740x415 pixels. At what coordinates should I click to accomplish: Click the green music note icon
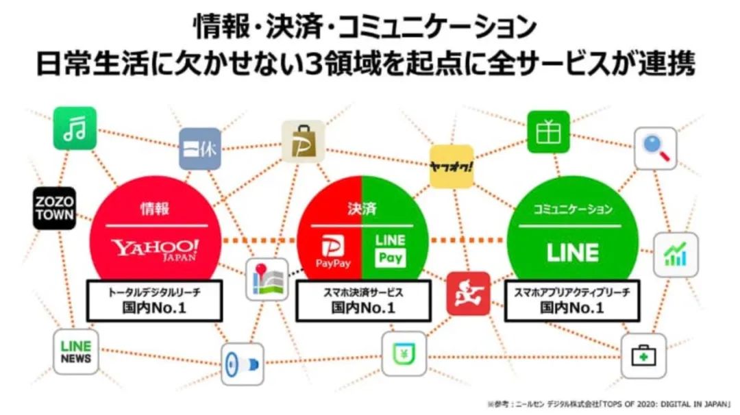click(x=75, y=128)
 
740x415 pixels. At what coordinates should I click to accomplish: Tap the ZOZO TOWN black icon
click(x=55, y=207)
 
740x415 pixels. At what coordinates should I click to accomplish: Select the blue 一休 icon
click(x=200, y=148)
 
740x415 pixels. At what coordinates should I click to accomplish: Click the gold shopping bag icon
click(x=303, y=141)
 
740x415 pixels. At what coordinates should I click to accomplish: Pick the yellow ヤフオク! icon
click(x=452, y=166)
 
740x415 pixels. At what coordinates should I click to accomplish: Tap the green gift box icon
click(x=548, y=131)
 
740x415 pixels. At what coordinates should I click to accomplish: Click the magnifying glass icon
click(x=655, y=148)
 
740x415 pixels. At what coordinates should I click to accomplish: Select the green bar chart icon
click(x=675, y=254)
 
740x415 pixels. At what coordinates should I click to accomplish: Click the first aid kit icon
click(x=643, y=355)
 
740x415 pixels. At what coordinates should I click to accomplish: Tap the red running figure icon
click(x=468, y=293)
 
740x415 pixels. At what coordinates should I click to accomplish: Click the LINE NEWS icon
click(x=75, y=351)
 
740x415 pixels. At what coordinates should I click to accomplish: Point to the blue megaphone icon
click(x=243, y=364)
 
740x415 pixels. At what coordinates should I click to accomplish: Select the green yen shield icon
click(x=404, y=353)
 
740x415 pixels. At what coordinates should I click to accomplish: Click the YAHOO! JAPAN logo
click(x=156, y=249)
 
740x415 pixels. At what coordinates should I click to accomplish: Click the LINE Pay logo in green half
click(x=390, y=250)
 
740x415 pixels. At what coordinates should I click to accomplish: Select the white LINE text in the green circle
click(x=572, y=252)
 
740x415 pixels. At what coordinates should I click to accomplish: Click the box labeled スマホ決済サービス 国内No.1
click(x=363, y=300)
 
